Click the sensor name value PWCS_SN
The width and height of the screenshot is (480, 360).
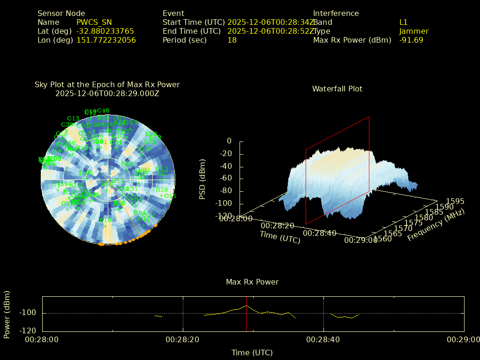94,22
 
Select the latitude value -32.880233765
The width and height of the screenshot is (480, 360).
105,31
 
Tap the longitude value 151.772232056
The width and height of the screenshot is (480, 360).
106,40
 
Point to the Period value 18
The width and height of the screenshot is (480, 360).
232,40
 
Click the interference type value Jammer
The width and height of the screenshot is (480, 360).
414,31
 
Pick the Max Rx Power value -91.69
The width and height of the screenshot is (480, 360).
411,40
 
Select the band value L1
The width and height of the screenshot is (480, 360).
404,22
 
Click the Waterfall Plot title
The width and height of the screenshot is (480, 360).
337,89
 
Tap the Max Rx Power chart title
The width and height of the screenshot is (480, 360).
252,282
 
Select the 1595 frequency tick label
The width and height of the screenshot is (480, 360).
455,201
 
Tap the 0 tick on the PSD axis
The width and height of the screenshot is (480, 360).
229,141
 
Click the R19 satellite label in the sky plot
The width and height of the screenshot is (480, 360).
162,190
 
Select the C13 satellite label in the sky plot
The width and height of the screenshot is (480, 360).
73,119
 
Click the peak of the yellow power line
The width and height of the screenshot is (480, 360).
246,306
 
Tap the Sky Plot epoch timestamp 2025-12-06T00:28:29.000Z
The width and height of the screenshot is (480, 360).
107,93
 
